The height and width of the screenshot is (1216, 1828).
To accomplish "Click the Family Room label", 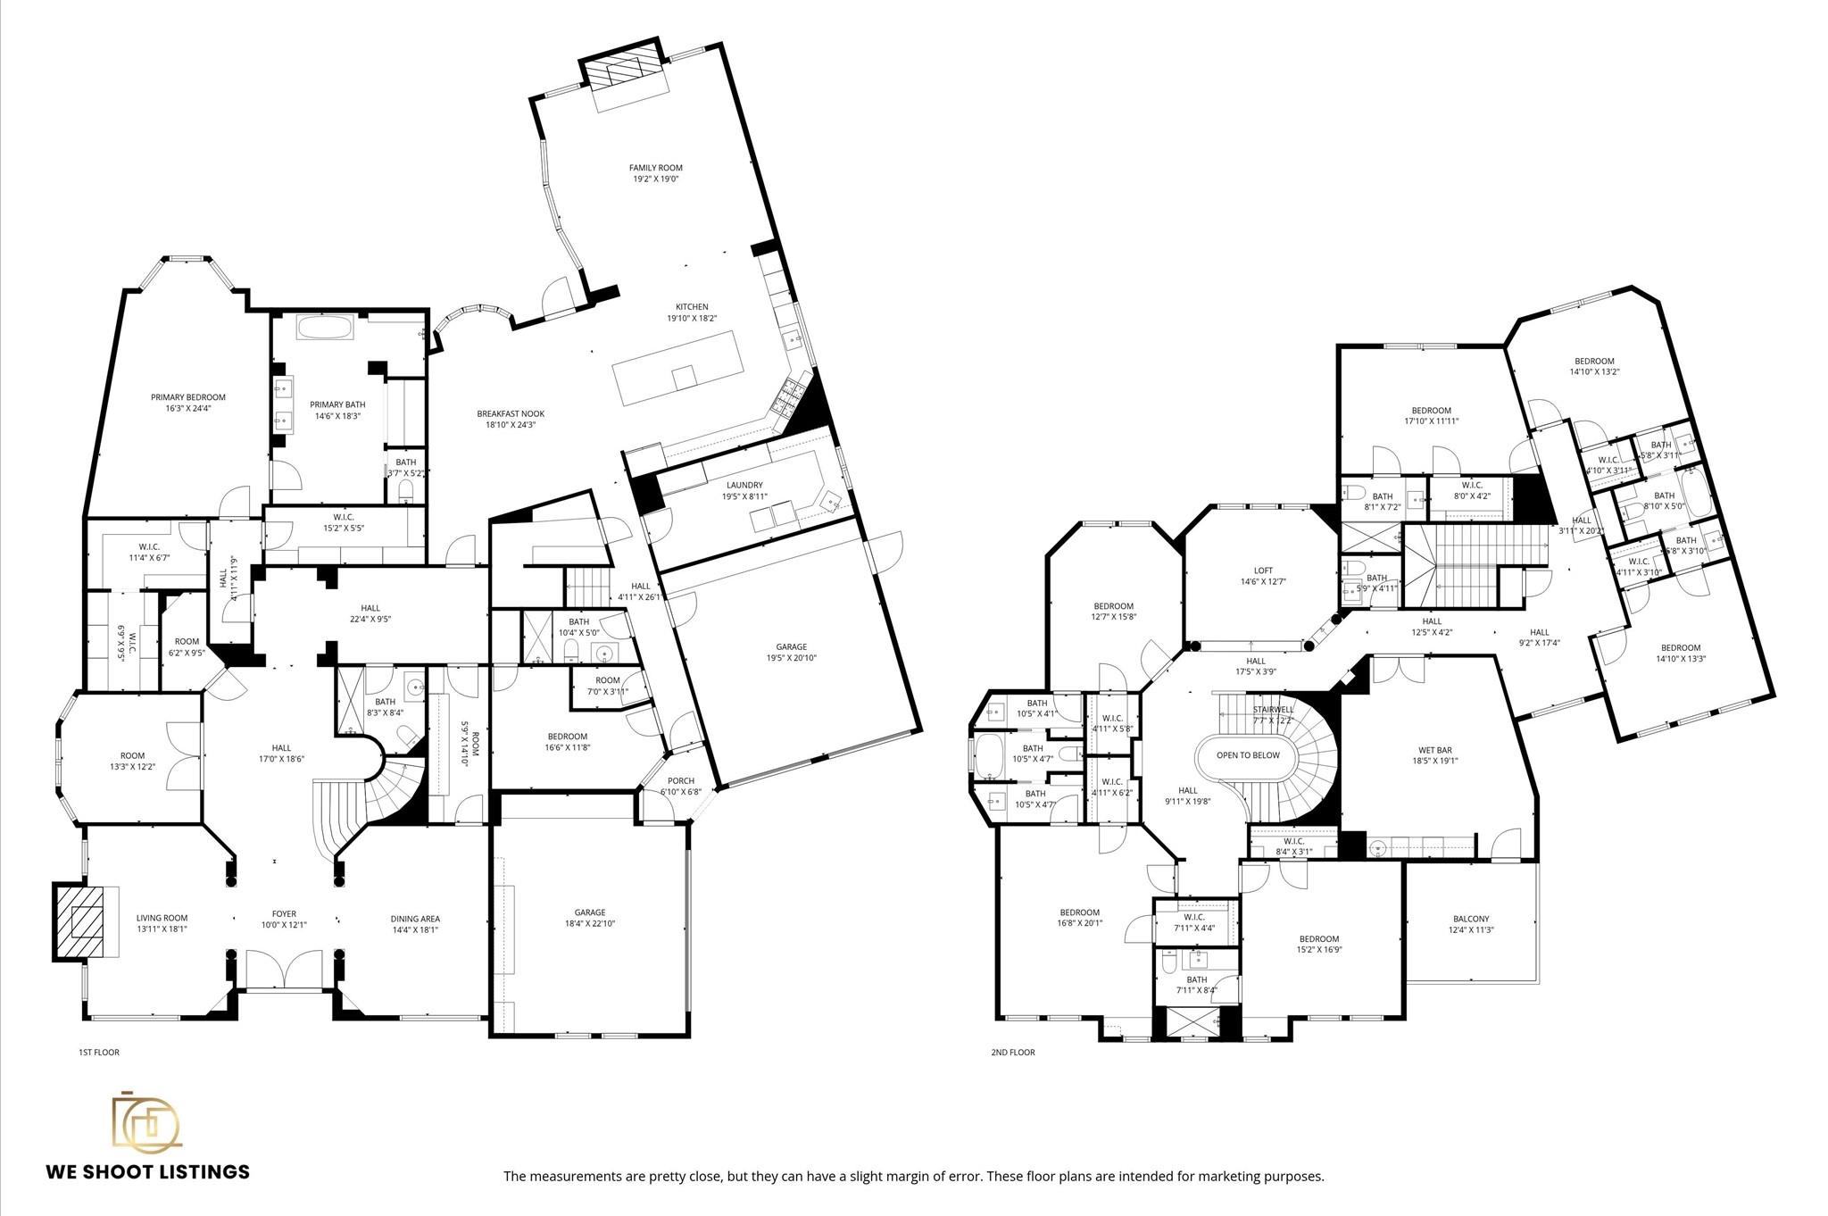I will (x=655, y=168).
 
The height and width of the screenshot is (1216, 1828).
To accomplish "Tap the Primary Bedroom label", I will (x=187, y=397).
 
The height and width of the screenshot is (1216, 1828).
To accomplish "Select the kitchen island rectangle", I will (x=677, y=367).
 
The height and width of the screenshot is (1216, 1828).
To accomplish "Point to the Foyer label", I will (x=284, y=914).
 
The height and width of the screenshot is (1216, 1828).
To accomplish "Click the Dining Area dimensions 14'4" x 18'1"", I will (x=415, y=929).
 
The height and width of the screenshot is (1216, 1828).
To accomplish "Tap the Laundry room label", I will (x=744, y=485).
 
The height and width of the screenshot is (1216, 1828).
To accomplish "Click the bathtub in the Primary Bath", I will (x=325, y=327).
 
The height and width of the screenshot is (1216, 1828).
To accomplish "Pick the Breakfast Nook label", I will (x=510, y=413).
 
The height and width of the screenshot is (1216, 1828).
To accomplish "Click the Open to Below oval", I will (x=1248, y=755).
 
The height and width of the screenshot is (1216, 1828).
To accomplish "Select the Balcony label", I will (x=1471, y=919).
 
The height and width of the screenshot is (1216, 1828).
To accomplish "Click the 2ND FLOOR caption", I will (x=1013, y=1053).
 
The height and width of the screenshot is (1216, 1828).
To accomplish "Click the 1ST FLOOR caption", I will (x=98, y=1053).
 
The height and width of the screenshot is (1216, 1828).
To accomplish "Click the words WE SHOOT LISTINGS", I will (x=147, y=1171).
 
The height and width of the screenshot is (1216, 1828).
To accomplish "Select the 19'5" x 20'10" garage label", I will (x=791, y=658).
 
